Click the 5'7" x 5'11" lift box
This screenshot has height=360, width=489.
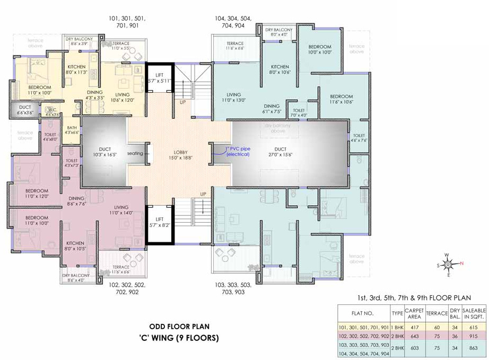click(x=160, y=78)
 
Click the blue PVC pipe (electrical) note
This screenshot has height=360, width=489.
click(x=238, y=151)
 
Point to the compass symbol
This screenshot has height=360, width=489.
click(x=448, y=264)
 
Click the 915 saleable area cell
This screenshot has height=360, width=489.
click(x=474, y=336)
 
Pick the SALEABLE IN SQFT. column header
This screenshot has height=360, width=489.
click(x=474, y=313)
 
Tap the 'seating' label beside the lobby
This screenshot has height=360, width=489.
click(x=135, y=153)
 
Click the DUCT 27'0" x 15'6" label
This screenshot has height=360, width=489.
click(x=280, y=152)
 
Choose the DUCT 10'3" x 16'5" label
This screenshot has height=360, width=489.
click(x=104, y=152)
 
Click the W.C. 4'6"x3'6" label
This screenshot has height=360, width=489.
click(x=51, y=112)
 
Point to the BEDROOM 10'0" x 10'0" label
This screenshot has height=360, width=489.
click(x=320, y=50)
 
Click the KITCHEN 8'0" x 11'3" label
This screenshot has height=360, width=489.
click(x=76, y=69)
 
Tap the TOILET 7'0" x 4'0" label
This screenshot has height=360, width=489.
click(x=299, y=113)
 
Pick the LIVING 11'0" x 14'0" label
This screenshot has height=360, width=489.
click(x=121, y=210)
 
